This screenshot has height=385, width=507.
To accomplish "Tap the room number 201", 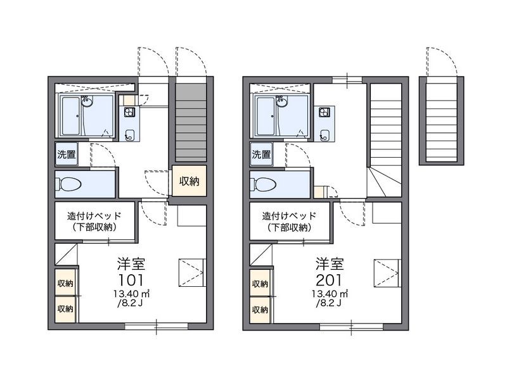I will (328, 280).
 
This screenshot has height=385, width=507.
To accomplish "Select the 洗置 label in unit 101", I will (66, 154).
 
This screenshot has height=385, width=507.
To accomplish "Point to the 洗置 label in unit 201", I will (261, 154).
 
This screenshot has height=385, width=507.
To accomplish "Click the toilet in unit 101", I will (69, 184).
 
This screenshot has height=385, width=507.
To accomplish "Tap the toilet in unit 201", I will (264, 184).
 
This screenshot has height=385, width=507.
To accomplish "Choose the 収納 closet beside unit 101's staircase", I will (189, 181).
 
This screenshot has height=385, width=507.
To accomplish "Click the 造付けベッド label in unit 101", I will (95, 215).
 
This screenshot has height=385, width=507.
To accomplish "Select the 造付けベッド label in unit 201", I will (290, 215).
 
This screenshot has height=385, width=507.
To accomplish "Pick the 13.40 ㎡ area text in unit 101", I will (131, 294).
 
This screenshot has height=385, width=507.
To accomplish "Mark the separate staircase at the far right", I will (441, 120).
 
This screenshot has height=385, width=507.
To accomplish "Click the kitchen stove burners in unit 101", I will (129, 112).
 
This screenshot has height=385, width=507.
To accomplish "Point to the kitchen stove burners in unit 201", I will (324, 112).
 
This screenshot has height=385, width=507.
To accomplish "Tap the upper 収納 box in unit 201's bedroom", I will (260, 284).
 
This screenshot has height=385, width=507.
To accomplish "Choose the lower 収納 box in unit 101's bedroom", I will (65, 310).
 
